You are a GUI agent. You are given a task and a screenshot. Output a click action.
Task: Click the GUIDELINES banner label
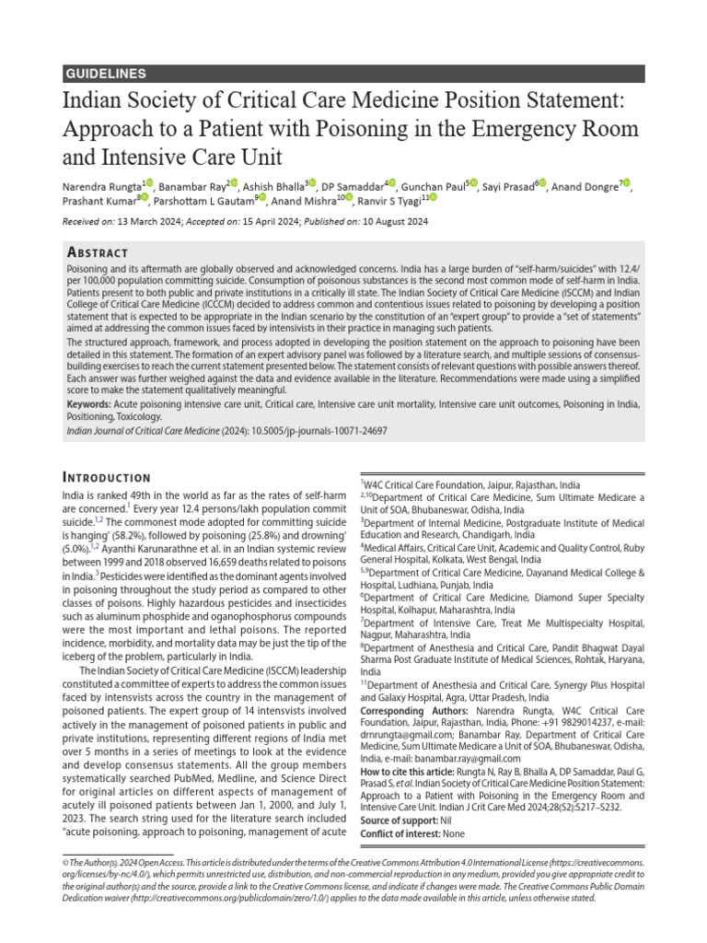(x=107, y=74)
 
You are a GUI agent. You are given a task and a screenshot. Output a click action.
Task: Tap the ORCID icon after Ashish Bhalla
(x=312, y=184)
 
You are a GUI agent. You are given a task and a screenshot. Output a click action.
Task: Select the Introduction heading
(x=106, y=477)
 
